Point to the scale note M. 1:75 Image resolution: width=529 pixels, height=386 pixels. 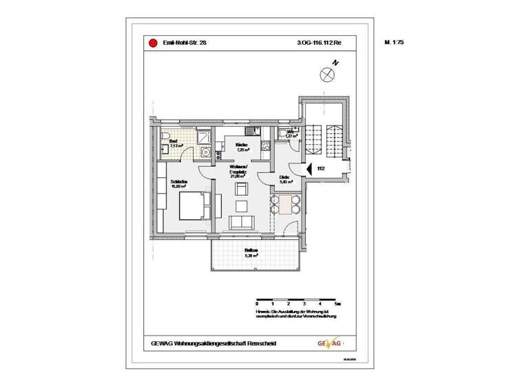click(394, 43)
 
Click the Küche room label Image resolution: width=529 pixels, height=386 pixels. click(242, 145)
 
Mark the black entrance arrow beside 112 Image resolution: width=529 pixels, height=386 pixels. click(309, 167)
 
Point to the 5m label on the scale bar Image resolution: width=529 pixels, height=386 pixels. click(336, 303)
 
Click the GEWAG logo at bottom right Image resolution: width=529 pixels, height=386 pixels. click(329, 343)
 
